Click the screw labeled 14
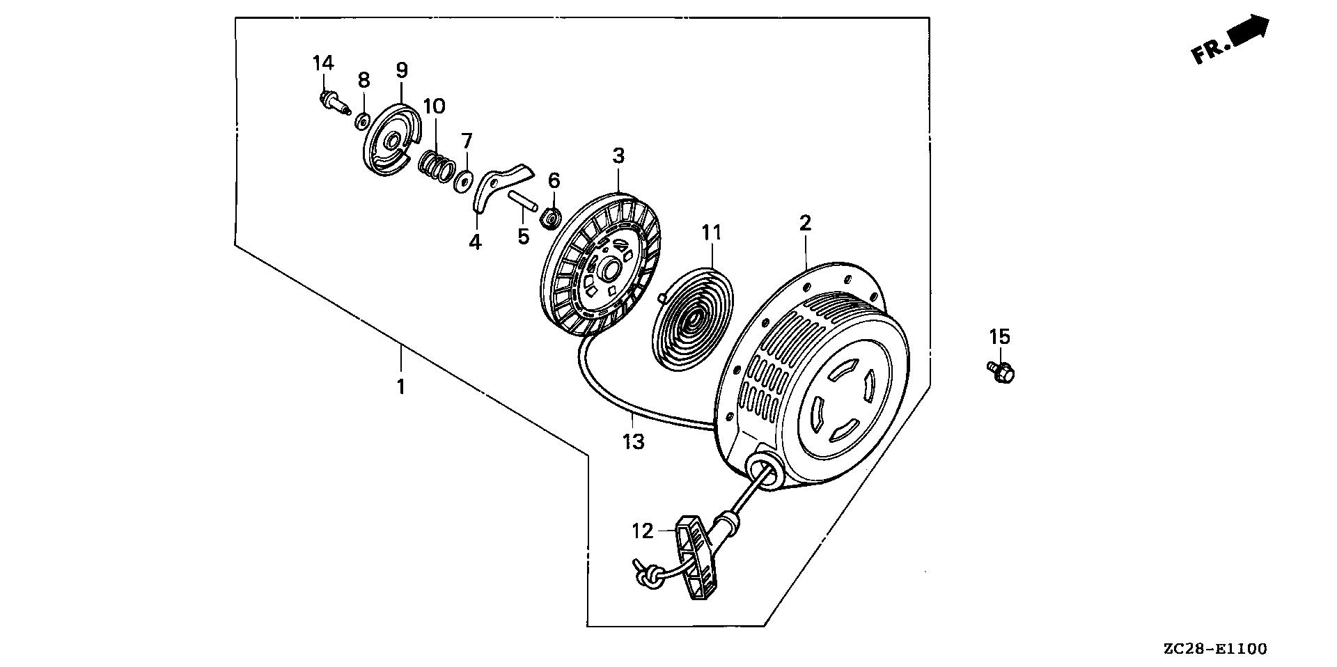pos(332,104)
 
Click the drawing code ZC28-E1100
pos(1214,650)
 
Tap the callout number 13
pos(634,441)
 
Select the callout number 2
pos(805,223)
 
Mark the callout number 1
pos(400,386)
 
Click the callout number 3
pos(618,156)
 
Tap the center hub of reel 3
pos(613,268)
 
